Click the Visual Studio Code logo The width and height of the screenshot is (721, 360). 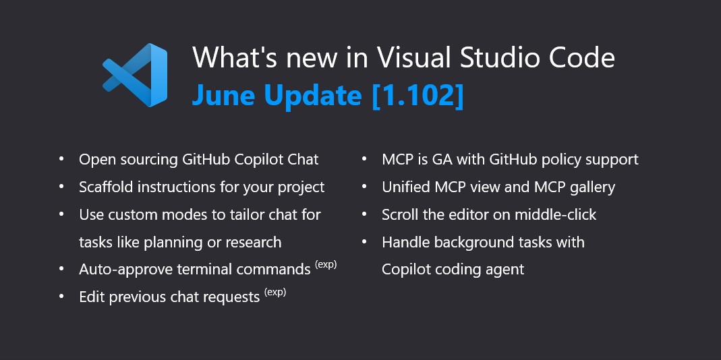point(135,75)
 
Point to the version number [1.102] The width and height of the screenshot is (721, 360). point(417,95)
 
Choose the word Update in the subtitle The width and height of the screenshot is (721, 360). point(313,95)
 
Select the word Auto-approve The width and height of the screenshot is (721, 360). point(126,270)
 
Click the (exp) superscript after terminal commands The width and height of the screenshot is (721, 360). point(326,265)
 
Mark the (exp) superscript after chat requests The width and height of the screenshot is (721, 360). point(275,293)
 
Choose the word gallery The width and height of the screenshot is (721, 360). point(591,187)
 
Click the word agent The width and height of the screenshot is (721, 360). point(504,270)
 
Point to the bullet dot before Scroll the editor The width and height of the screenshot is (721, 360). point(365,214)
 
